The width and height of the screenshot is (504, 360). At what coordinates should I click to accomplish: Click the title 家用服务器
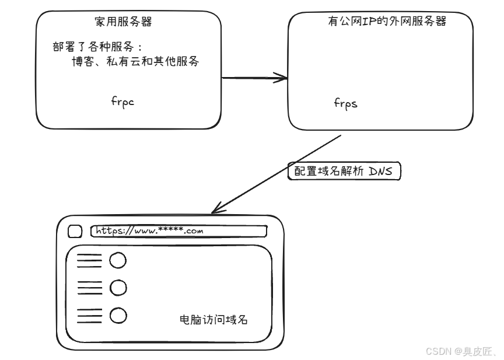pyautogui.click(x=127, y=23)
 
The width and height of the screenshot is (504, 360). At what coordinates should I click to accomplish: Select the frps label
pyautogui.click(x=345, y=103)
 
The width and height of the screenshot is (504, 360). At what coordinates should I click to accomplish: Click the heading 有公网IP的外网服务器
pyautogui.click(x=387, y=22)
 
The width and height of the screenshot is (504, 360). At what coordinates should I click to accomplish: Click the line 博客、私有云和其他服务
pyautogui.click(x=135, y=61)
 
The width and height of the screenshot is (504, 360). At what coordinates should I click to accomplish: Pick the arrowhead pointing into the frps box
pyautogui.click(x=282, y=78)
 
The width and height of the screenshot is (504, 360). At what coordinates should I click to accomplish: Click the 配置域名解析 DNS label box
pyautogui.click(x=345, y=173)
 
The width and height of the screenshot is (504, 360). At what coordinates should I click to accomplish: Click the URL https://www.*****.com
pyautogui.click(x=149, y=231)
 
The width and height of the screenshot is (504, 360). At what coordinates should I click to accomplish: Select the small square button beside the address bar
pyautogui.click(x=75, y=232)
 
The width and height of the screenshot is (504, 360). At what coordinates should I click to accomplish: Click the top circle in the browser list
pyautogui.click(x=118, y=260)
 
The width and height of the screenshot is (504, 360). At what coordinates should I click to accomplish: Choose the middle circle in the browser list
pyautogui.click(x=118, y=288)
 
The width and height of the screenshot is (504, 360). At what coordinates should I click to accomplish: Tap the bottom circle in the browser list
pyautogui.click(x=118, y=316)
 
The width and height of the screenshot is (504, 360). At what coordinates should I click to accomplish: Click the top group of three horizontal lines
pyautogui.click(x=89, y=260)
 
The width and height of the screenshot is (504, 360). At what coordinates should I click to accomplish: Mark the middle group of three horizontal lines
pyautogui.click(x=89, y=288)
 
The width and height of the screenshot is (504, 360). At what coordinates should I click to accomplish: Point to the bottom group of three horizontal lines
pyautogui.click(x=89, y=316)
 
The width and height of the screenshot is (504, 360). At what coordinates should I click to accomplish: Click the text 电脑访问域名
pyautogui.click(x=216, y=320)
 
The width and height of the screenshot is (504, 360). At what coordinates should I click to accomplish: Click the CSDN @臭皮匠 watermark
pyautogui.click(x=461, y=351)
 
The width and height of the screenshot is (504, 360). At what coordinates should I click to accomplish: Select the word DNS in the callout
pyautogui.click(x=383, y=173)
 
